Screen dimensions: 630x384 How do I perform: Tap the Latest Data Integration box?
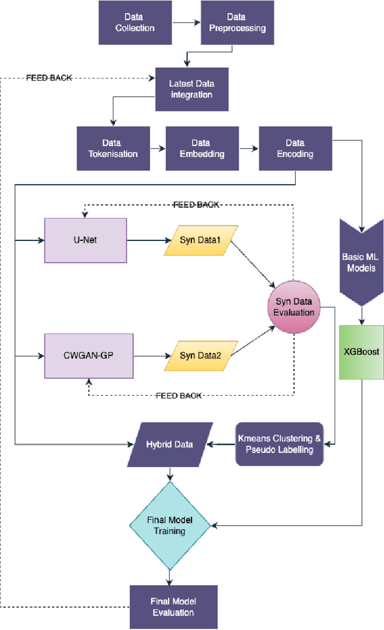tap(190, 89)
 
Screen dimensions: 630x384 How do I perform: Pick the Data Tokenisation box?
tap(111, 148)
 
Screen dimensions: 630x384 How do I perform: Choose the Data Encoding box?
tap(295, 148)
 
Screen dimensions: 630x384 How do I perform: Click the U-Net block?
tap(86, 240)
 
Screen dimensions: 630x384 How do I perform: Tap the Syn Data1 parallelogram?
tap(200, 240)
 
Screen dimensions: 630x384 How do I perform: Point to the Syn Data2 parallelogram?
tap(200, 355)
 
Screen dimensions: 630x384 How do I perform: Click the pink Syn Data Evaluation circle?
tap(294, 306)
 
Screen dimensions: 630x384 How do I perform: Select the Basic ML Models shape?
tap(362, 263)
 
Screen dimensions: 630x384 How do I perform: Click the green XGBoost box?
tap(361, 352)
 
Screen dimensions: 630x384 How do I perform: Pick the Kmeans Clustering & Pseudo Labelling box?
tap(280, 444)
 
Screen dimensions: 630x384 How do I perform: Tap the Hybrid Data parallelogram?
tap(170, 444)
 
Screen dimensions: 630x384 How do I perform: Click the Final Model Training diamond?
tap(170, 525)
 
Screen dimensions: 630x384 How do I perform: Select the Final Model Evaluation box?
tap(173, 607)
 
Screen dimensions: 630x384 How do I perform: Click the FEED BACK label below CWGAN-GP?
tap(178, 396)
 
